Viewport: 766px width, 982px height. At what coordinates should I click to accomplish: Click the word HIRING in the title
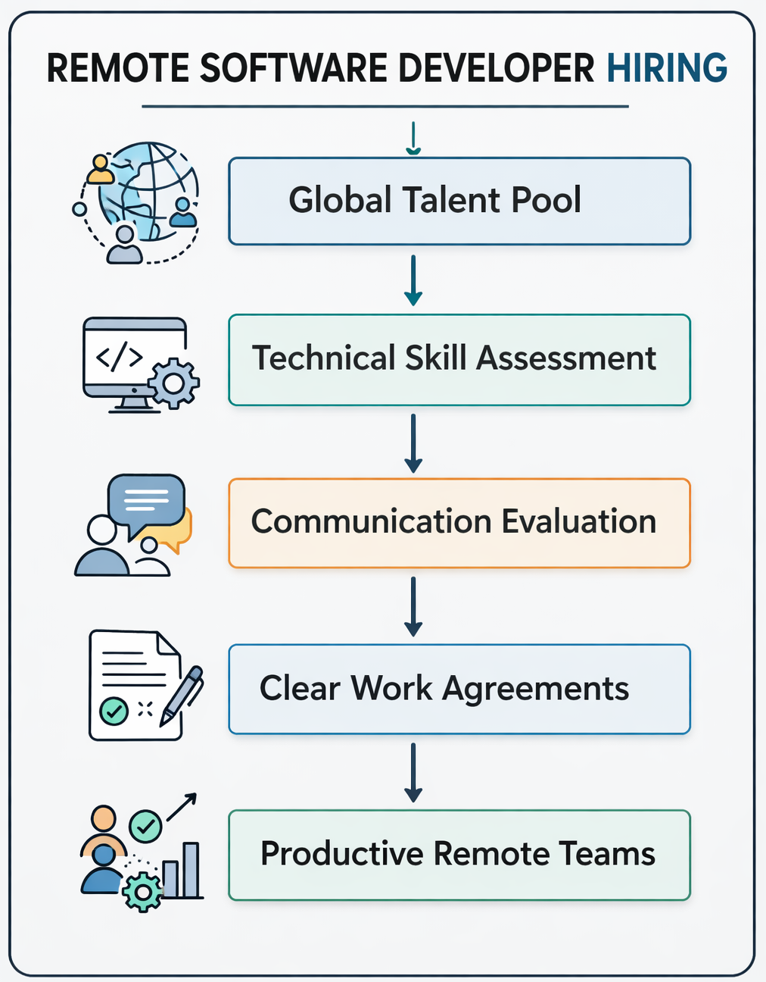(x=667, y=68)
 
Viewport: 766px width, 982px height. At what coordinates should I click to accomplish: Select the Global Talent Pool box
(x=459, y=201)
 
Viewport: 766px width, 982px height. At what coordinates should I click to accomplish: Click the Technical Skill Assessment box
(x=459, y=359)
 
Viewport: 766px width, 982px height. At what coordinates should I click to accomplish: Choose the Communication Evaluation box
(x=459, y=523)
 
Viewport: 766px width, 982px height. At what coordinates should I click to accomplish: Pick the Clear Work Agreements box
(x=459, y=689)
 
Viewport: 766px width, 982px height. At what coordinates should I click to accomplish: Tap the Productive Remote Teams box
(x=459, y=855)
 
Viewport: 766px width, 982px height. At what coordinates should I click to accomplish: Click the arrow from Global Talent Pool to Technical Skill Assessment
(x=413, y=280)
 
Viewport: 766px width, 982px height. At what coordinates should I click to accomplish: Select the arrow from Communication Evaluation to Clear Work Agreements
(x=413, y=606)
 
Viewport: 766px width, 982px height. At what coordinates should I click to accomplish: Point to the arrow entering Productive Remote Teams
(x=413, y=772)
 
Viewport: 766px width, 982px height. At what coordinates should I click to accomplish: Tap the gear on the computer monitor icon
(x=173, y=383)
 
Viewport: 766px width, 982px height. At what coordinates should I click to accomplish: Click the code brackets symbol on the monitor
(x=119, y=357)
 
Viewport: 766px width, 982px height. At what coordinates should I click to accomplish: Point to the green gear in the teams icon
(x=142, y=891)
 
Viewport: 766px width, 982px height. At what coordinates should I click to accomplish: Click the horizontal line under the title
(x=385, y=107)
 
